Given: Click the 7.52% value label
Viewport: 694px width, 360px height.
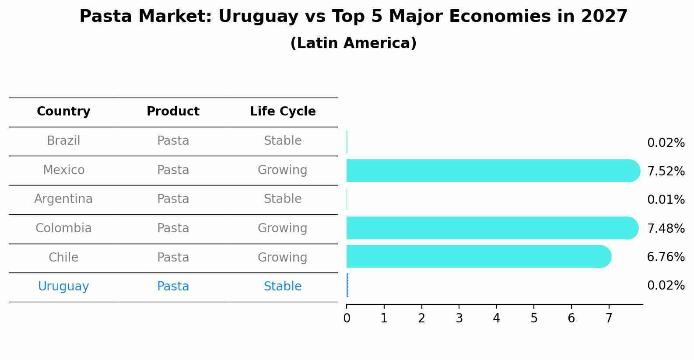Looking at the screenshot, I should tap(666, 171).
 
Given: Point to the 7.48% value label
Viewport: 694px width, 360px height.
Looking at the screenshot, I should tap(666, 228).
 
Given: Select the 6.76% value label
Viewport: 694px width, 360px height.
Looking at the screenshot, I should tap(666, 257).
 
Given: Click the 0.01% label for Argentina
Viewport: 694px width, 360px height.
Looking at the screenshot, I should tap(666, 200).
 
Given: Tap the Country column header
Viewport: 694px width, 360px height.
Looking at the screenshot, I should tap(63, 112).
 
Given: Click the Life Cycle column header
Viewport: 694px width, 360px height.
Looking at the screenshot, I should tap(283, 112).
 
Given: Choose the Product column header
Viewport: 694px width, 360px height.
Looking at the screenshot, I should tap(173, 112).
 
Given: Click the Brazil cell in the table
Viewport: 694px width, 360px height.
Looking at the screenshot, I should tap(63, 141).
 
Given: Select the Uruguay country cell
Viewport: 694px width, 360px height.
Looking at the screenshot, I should tap(63, 287).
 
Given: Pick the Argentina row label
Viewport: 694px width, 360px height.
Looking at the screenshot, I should tap(63, 199).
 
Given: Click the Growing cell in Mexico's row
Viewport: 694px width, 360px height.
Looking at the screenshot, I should tap(282, 170).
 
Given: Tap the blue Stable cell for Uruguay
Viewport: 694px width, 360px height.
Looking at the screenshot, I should tap(282, 287).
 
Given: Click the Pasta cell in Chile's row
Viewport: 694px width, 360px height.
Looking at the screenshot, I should tap(173, 257).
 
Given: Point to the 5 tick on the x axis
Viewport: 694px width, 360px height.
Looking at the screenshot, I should tap(534, 318).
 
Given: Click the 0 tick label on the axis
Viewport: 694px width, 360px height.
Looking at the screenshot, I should tap(347, 318).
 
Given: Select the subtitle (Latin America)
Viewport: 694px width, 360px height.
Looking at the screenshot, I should tap(353, 43).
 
